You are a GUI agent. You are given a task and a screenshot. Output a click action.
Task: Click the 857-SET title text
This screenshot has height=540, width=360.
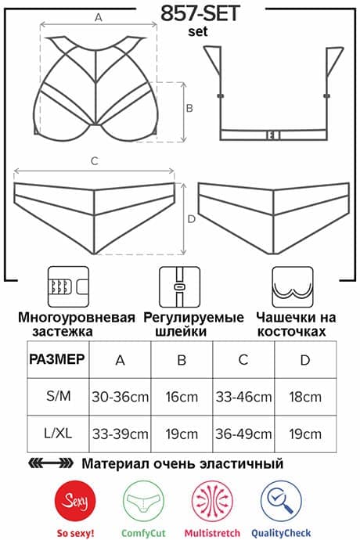(x=200, y=14)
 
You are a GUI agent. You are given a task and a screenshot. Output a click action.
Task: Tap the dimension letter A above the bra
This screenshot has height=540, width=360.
(x=99, y=17)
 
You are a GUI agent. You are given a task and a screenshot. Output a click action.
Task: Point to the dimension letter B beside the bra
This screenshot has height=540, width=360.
(x=189, y=108)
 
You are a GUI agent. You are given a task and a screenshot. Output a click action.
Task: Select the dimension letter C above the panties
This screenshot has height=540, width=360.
(x=95, y=161)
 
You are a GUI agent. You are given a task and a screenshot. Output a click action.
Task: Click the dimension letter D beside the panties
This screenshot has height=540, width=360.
(x=192, y=219)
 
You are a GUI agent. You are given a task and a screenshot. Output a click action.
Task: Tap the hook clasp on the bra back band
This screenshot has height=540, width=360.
(x=273, y=135)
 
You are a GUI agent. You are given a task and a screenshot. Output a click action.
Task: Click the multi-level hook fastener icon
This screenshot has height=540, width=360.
(x=68, y=286)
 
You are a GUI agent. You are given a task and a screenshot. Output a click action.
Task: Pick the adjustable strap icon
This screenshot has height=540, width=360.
(x=179, y=286)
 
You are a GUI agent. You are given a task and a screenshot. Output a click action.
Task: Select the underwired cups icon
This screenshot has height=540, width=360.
(x=293, y=286)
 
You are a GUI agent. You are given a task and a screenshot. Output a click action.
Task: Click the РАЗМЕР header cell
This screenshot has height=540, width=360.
(x=57, y=359)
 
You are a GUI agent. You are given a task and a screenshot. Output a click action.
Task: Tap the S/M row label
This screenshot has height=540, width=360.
(x=59, y=396)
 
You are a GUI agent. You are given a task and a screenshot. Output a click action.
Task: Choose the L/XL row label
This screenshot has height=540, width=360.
(x=58, y=434)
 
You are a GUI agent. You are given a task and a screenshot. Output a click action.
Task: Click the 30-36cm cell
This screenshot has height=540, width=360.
(x=121, y=397)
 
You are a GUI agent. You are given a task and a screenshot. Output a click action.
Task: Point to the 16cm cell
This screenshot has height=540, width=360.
(x=182, y=397)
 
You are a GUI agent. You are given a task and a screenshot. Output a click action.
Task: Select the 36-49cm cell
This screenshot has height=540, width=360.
(x=243, y=434)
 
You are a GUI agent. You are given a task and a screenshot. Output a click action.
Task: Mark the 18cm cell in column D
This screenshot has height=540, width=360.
(x=305, y=397)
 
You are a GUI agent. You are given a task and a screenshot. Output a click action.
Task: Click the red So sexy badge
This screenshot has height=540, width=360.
(x=75, y=501)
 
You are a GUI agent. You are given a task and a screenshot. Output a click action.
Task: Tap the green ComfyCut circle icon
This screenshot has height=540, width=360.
(x=143, y=501)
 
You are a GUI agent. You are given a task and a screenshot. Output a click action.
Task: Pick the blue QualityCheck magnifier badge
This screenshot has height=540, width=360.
(x=281, y=501)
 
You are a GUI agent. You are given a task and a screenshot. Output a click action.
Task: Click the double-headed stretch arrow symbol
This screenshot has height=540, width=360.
(x=51, y=463)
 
